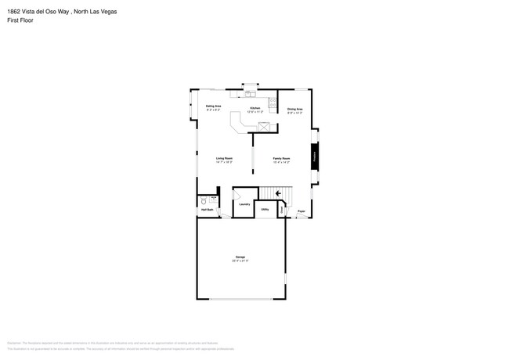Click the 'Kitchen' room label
coord(254,108)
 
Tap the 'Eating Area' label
coord(213,106)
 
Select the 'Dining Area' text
coord(294,109)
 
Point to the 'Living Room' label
coord(225,159)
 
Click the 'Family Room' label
coord(281,159)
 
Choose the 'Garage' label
coord(240,257)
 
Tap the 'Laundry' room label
coord(244,204)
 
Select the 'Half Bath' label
coord(208,210)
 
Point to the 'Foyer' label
coord(301,211)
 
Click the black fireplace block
coord(315,155)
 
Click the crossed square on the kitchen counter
coord(265,126)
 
